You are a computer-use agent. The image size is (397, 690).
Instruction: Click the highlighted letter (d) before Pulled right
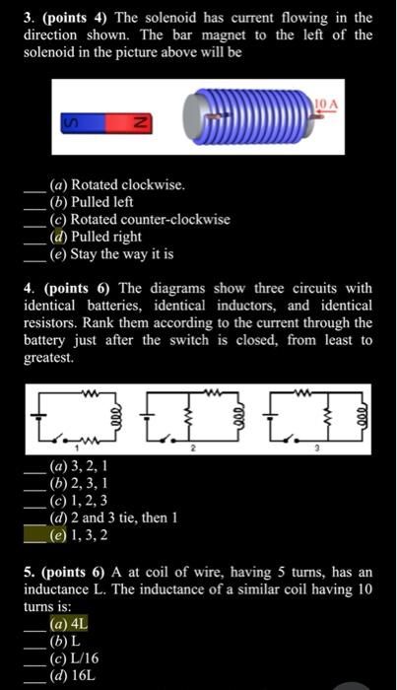(x=58, y=237)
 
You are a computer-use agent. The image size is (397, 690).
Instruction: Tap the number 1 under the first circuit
(x=77, y=448)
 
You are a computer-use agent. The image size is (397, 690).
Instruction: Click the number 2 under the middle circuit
(x=194, y=448)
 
